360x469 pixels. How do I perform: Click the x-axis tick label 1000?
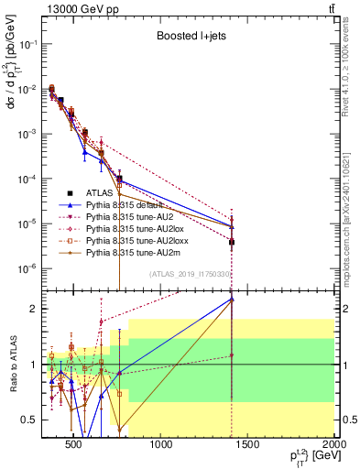(x=162, y=446)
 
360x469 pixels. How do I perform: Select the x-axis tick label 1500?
(x=248, y=446)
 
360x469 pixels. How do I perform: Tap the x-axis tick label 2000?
(x=333, y=446)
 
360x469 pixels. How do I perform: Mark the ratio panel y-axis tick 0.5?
(x=30, y=420)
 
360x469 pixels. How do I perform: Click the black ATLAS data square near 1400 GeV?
(x=232, y=243)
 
